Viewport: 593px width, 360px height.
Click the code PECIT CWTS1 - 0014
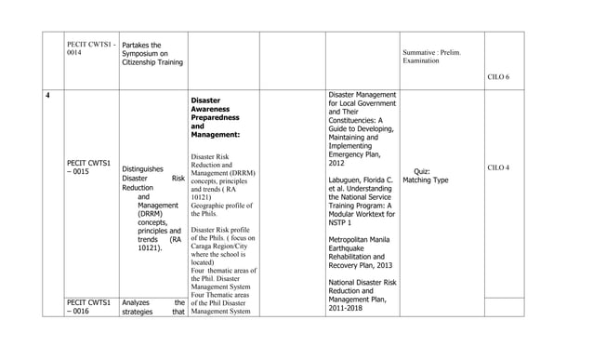click(89, 48)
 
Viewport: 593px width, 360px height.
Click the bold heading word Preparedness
click(215, 117)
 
